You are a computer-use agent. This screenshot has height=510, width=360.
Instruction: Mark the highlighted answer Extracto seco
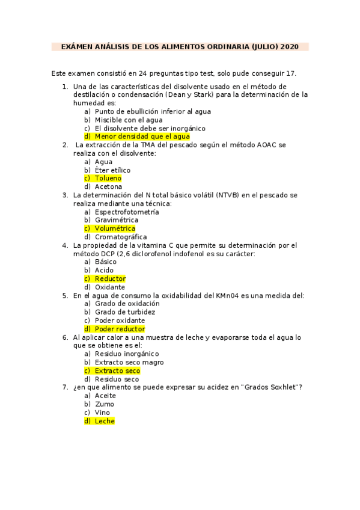(117, 371)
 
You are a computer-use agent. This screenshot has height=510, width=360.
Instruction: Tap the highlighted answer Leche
(105, 421)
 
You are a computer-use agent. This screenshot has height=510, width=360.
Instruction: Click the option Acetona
(109, 186)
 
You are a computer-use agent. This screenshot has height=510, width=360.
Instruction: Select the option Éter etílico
(112, 170)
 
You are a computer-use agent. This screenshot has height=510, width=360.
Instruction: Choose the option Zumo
(105, 404)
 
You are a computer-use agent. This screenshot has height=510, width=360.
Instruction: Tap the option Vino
(103, 413)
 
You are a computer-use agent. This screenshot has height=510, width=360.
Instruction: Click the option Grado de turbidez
(125, 312)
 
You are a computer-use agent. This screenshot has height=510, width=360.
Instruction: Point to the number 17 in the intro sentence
(291, 73)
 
